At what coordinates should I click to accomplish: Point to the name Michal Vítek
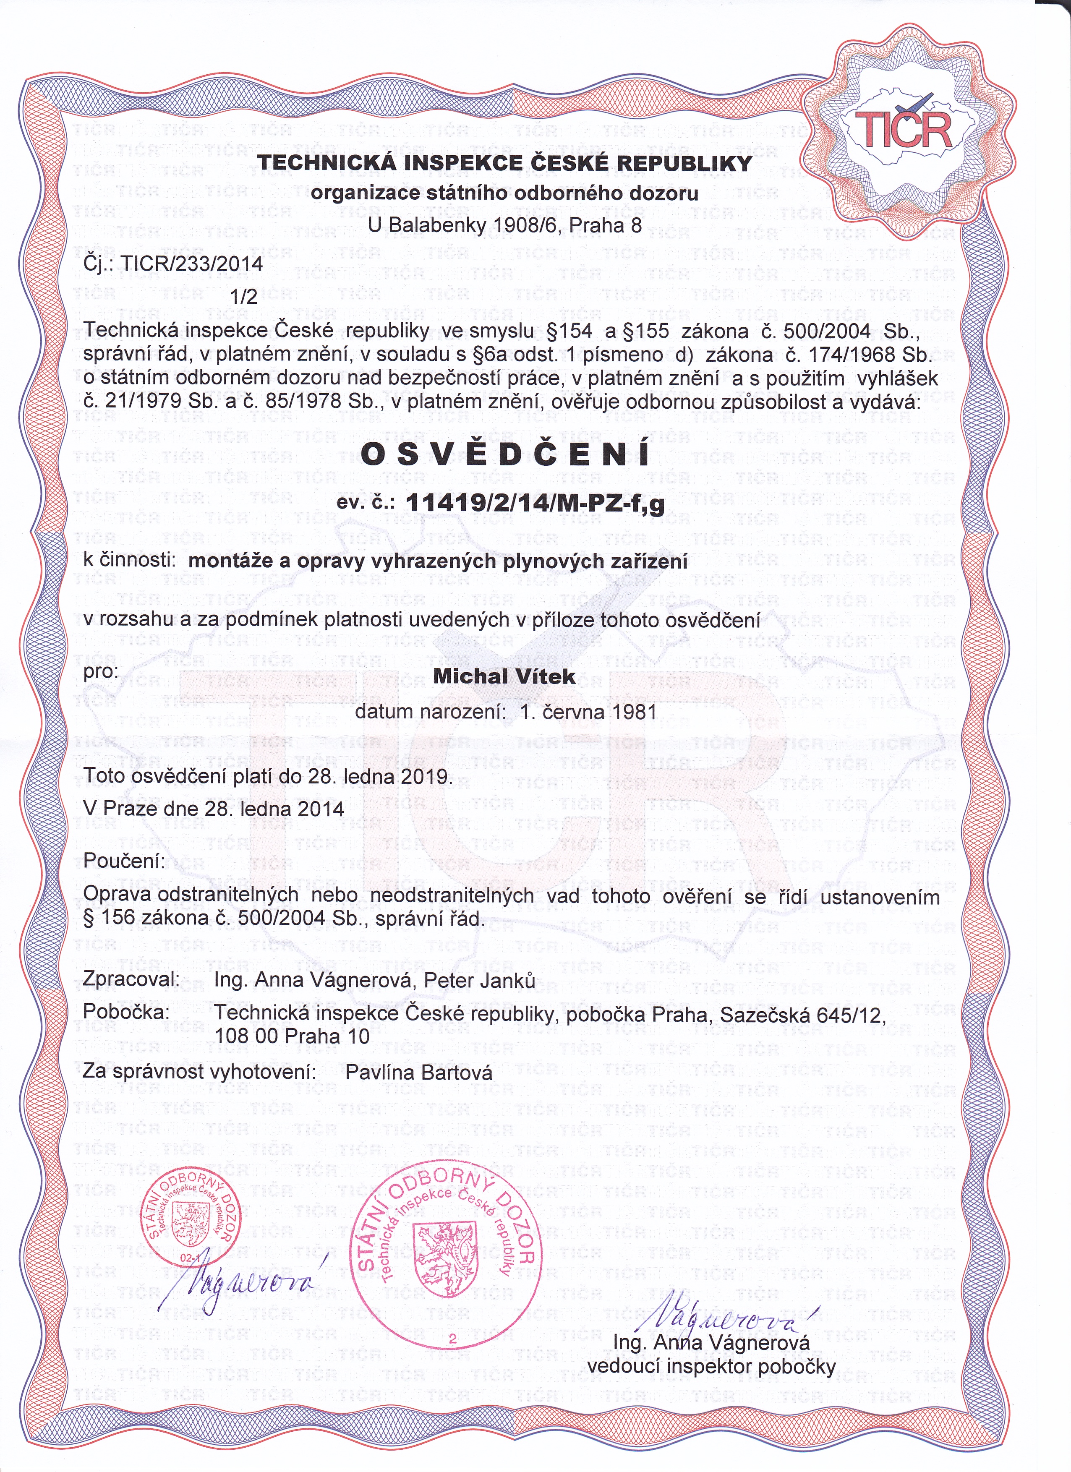point(504,676)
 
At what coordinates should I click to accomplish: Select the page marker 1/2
point(244,297)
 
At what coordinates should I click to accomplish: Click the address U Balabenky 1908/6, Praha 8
point(504,225)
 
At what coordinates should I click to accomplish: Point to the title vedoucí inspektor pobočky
point(711,1366)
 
